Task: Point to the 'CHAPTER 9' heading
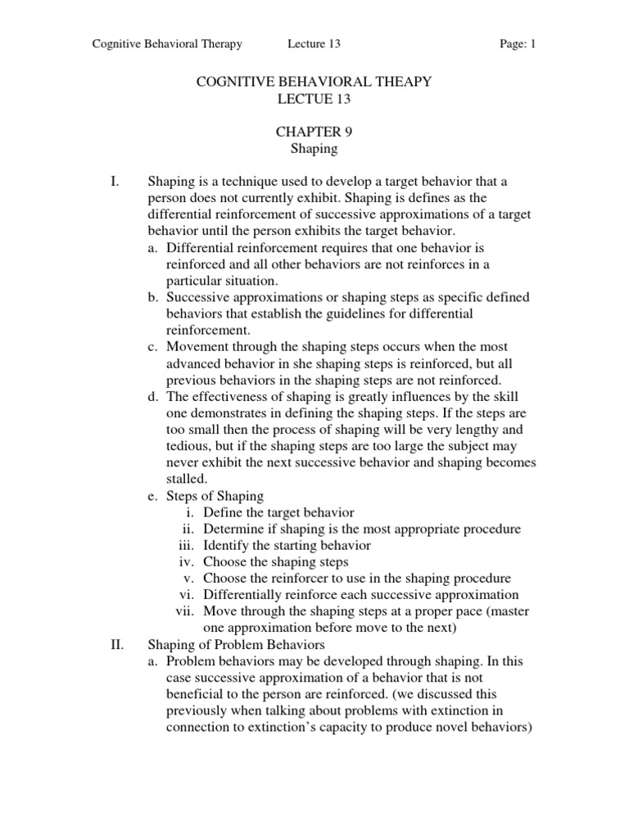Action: pyautogui.click(x=314, y=133)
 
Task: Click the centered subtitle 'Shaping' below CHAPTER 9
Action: pyautogui.click(x=314, y=150)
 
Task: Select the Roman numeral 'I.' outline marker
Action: pyautogui.click(x=115, y=181)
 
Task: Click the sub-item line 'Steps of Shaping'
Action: pyautogui.click(x=215, y=496)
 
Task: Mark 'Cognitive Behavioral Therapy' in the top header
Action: pyautogui.click(x=167, y=44)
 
